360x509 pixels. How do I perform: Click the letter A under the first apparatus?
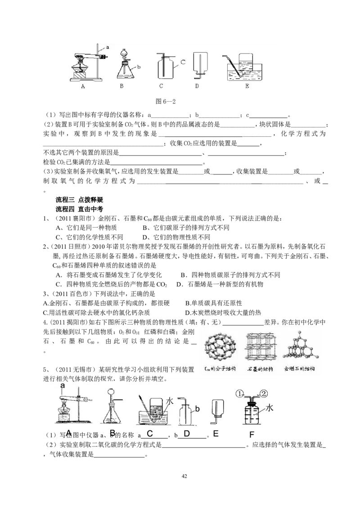(x=83, y=87)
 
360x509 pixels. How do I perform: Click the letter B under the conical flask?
(x=121, y=87)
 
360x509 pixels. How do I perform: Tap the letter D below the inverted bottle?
(x=197, y=87)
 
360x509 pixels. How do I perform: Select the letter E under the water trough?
(x=247, y=87)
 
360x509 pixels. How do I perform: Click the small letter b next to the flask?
(x=139, y=67)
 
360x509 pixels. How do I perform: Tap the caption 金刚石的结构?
(x=301, y=369)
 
